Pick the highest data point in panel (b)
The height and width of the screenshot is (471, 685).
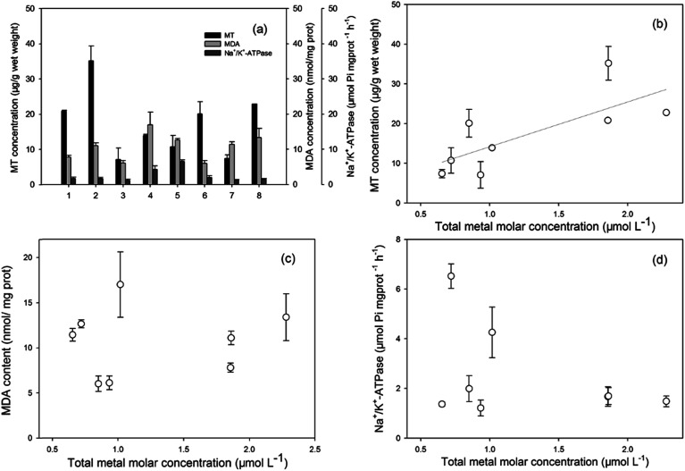pyautogui.click(x=608, y=63)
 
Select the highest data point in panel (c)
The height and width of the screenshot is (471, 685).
pyautogui.click(x=120, y=284)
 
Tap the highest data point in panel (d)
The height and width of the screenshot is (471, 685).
pyautogui.click(x=451, y=276)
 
